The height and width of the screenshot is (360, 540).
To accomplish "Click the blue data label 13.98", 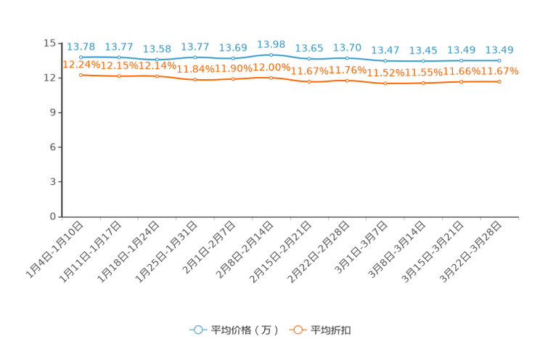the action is pyautogui.click(x=271, y=44).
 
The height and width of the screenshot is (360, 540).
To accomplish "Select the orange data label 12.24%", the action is pyautogui.click(x=81, y=65).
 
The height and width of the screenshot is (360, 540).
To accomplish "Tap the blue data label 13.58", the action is pyautogui.click(x=157, y=49).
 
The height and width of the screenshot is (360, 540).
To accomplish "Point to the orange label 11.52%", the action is pyautogui.click(x=385, y=73).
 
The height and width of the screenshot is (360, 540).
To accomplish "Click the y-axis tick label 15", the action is pyautogui.click(x=49, y=43).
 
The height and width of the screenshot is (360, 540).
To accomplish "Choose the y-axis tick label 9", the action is pyautogui.click(x=52, y=112).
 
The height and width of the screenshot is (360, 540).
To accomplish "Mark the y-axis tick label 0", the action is pyautogui.click(x=52, y=216).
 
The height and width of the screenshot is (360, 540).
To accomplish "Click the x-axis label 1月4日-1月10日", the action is pyautogui.click(x=54, y=250).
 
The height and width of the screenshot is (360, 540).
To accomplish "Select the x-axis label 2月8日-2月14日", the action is pyautogui.click(x=245, y=250).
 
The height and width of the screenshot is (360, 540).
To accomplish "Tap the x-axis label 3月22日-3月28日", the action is pyautogui.click(x=470, y=252).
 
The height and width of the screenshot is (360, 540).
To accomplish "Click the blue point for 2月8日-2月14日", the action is pyautogui.click(x=271, y=54).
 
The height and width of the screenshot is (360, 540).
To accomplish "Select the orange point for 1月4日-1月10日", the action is pyautogui.click(x=81, y=75).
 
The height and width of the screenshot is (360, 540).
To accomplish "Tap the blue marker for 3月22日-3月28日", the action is pyautogui.click(x=499, y=61).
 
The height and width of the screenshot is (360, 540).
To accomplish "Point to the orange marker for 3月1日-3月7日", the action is pyautogui.click(x=385, y=83).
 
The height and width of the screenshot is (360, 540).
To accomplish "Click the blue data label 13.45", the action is pyautogui.click(x=423, y=51).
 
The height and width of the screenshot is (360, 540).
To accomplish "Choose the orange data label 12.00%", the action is pyautogui.click(x=271, y=67).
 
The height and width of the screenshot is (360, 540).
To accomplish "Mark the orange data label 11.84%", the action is pyautogui.click(x=195, y=69).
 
